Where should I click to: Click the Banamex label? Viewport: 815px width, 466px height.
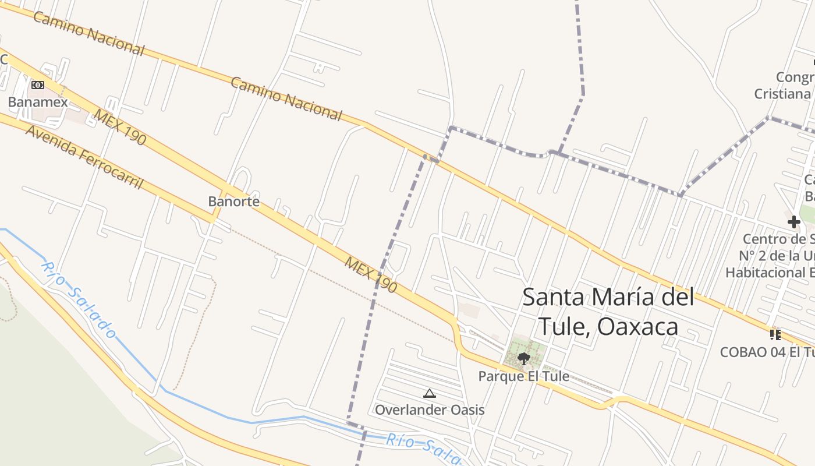(x=38, y=103)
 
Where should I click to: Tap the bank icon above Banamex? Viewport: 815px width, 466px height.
(x=38, y=85)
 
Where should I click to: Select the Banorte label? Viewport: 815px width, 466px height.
(x=233, y=202)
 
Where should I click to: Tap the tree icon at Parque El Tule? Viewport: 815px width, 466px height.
(x=523, y=358)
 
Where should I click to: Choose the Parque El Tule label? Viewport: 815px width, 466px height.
(x=523, y=376)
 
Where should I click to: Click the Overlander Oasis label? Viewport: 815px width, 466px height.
(x=430, y=410)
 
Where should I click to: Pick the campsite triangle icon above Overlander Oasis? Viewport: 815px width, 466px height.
(x=430, y=393)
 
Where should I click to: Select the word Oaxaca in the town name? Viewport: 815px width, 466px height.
(x=638, y=327)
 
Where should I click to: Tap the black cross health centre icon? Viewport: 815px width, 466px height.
(x=794, y=221)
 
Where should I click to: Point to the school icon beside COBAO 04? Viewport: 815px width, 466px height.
(x=775, y=334)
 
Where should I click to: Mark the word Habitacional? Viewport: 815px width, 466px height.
(x=763, y=272)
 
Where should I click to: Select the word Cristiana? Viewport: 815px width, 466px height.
(x=782, y=94)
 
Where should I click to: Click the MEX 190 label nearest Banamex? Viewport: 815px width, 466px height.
(x=120, y=128)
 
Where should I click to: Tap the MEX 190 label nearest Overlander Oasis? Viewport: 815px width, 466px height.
(x=371, y=275)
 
